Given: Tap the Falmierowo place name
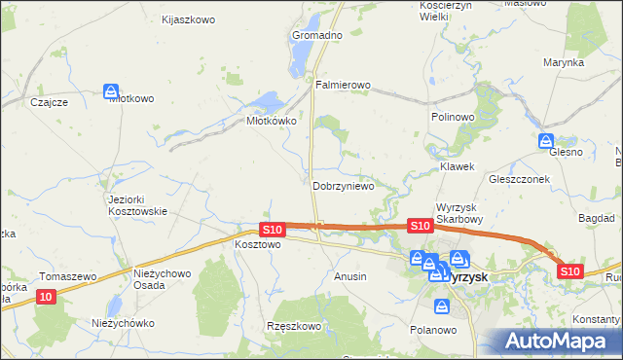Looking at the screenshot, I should [344, 85].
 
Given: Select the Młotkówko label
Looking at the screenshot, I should [271, 122].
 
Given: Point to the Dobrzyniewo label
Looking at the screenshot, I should [344, 186].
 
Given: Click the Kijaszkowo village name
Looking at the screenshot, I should [187, 18].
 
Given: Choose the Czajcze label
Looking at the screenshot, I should [48, 101].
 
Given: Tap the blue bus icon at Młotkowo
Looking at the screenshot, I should [111, 91].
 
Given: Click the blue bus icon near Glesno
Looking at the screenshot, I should [546, 141].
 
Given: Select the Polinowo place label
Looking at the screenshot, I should [452, 116].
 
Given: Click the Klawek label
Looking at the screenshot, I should [457, 166].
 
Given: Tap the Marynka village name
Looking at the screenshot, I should [564, 62].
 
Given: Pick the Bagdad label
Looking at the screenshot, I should [596, 219].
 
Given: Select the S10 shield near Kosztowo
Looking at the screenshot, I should [273, 230].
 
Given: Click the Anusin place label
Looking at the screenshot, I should [350, 276].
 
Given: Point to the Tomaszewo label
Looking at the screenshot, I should [68, 276].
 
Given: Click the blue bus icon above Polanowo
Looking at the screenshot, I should [443, 307].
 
